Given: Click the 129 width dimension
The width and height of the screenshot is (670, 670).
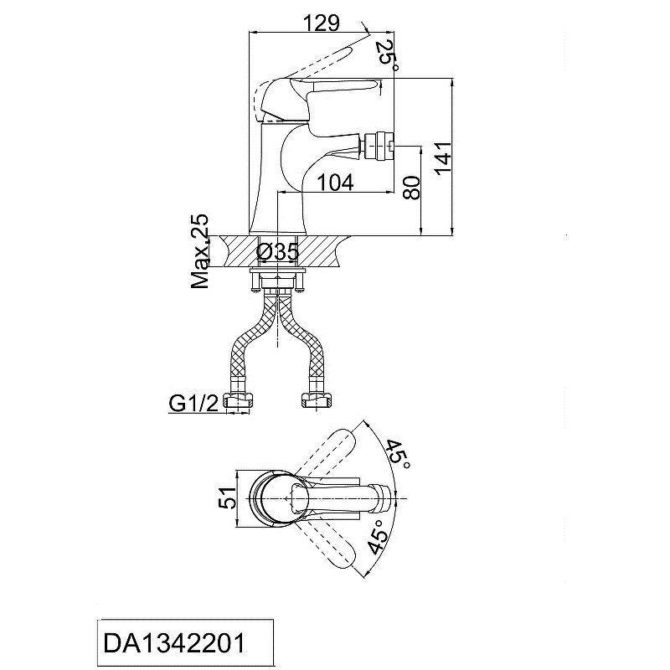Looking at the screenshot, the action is [321, 23].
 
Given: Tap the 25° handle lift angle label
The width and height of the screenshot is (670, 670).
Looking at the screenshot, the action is [388, 54].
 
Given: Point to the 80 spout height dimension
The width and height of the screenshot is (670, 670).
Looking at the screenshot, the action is [412, 187].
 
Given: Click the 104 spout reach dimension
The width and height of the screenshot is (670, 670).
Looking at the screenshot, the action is [336, 183].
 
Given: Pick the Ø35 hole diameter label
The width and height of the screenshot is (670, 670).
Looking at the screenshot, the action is [278, 252].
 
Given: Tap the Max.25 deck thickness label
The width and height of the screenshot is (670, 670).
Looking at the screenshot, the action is [200, 251].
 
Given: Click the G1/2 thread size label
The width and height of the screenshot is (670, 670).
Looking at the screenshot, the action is [193, 403].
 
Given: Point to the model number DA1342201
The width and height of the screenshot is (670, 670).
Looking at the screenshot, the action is [174, 643].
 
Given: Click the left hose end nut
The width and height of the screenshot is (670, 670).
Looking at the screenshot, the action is [237, 401].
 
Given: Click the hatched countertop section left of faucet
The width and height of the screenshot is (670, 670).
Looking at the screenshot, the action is [240, 251].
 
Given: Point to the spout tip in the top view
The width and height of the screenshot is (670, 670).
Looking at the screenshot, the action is [381, 498].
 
